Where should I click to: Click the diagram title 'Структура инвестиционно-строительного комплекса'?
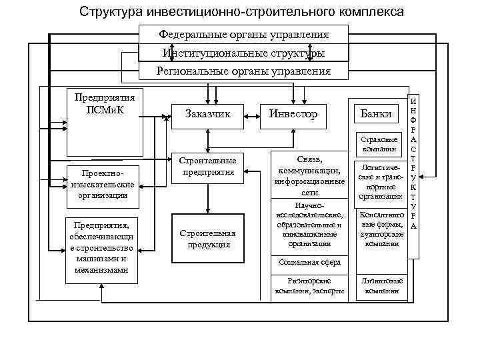click(x=241, y=12)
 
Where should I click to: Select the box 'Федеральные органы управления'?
click(x=243, y=34)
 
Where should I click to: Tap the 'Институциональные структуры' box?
click(x=243, y=53)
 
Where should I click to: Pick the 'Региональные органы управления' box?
click(x=243, y=71)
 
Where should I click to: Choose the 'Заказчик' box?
click(x=208, y=114)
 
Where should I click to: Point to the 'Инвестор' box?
click(x=293, y=114)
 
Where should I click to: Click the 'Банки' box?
click(x=375, y=114)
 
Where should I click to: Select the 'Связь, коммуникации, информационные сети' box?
click(x=309, y=175)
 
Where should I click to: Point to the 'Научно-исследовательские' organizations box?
click(x=309, y=225)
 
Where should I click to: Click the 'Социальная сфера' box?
click(x=309, y=263)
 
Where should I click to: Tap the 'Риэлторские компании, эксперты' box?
click(x=309, y=286)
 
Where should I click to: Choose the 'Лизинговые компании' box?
click(x=380, y=286)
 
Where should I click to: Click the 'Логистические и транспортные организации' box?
click(x=380, y=182)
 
